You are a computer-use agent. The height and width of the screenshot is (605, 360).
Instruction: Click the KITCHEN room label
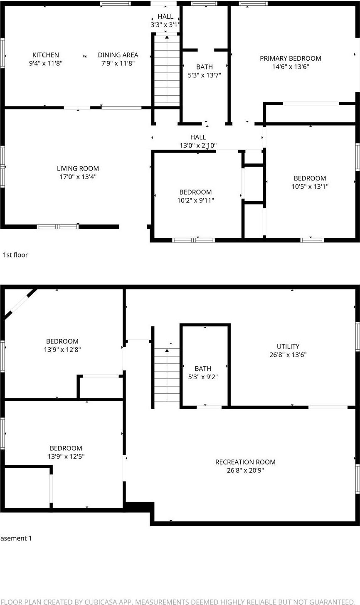(x=46, y=55)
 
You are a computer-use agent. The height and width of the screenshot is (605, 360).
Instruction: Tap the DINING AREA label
(x=118, y=55)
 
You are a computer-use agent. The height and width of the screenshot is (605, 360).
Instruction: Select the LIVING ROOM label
(x=78, y=168)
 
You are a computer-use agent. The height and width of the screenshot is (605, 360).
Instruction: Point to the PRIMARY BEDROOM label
(x=290, y=58)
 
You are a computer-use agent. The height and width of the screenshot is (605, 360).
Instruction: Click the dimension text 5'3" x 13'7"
(x=205, y=75)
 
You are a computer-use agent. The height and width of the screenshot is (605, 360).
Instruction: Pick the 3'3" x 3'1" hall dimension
(x=165, y=25)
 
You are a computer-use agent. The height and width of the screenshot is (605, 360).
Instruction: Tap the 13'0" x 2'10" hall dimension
(x=198, y=146)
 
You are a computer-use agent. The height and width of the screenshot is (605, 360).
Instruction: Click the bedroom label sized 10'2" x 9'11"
(x=195, y=192)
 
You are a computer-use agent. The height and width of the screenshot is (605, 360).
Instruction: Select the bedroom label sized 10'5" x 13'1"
(x=310, y=178)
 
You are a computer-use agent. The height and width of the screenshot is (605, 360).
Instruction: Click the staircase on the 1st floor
(x=167, y=71)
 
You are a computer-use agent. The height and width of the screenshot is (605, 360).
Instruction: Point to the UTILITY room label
(x=288, y=346)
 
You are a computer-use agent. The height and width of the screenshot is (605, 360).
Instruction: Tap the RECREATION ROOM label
(x=245, y=462)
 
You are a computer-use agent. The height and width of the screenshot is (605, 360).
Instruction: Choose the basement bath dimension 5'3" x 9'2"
(x=203, y=377)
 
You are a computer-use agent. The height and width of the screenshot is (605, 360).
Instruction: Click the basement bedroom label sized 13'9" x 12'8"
(x=62, y=341)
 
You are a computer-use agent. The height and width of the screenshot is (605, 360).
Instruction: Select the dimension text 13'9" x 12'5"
(x=66, y=457)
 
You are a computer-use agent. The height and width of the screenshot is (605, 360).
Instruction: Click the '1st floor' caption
(x=15, y=255)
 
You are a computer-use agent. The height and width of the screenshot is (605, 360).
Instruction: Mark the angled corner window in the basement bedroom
(x=19, y=305)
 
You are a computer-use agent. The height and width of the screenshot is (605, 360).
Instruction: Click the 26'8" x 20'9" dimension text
(x=245, y=471)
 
